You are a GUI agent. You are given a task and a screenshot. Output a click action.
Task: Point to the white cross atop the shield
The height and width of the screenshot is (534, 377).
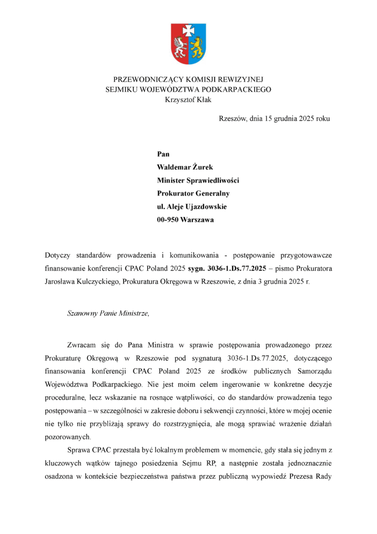pos(188,30)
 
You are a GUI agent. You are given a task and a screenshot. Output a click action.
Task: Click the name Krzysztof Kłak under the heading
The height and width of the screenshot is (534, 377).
pos(188,100)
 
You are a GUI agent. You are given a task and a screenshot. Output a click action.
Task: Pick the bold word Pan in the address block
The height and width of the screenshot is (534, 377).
pos(163,154)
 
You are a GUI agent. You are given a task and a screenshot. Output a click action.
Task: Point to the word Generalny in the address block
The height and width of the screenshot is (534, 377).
pos(212,193)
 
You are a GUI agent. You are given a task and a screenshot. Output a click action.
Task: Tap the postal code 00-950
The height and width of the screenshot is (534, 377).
pos(168,220)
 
